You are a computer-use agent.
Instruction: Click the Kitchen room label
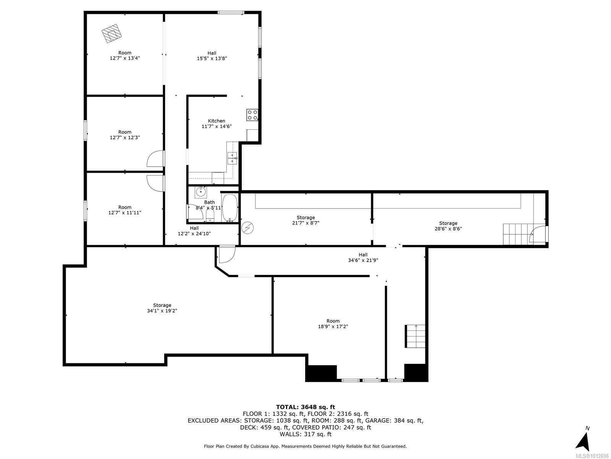tap(216, 121)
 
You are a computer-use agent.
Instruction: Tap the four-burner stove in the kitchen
tap(252, 115)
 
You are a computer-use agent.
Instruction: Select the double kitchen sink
tap(232, 158)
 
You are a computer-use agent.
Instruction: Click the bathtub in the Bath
tap(230, 208)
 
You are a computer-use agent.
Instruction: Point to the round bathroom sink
tap(200, 192)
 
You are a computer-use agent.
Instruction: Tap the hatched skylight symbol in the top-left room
tap(112, 34)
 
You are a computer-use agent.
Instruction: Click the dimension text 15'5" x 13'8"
tap(212, 59)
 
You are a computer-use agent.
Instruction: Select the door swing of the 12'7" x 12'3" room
tap(155, 159)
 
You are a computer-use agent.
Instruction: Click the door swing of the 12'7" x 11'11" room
tap(155, 182)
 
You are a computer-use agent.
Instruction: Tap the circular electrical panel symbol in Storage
tap(247, 228)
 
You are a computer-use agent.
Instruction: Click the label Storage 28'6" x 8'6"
tap(448, 226)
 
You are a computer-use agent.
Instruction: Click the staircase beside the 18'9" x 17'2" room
tap(415, 336)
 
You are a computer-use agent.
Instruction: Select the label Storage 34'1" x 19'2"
tap(162, 308)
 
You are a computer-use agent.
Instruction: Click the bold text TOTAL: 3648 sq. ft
tap(305, 407)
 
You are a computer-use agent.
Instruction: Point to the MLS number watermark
tap(592, 456)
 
